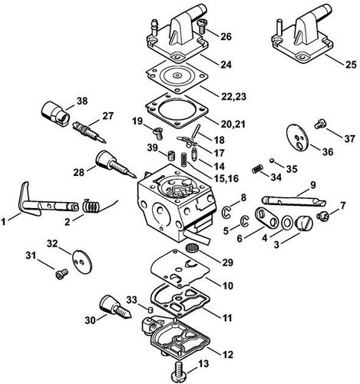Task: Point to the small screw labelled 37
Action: point(322,121)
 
